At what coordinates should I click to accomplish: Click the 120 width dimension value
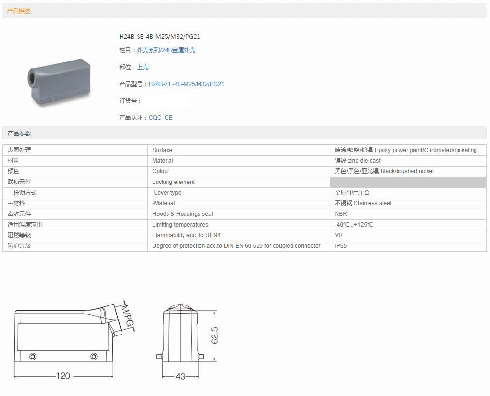(63, 376)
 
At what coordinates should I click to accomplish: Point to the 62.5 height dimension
(214, 335)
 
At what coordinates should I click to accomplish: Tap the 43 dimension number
(180, 376)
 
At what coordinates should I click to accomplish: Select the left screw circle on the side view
(32, 356)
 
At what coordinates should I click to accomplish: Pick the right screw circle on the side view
(94, 356)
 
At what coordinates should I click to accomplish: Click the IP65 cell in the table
(340, 245)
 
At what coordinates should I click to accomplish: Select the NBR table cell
(341, 214)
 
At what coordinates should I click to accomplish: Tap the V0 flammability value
(338, 235)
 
